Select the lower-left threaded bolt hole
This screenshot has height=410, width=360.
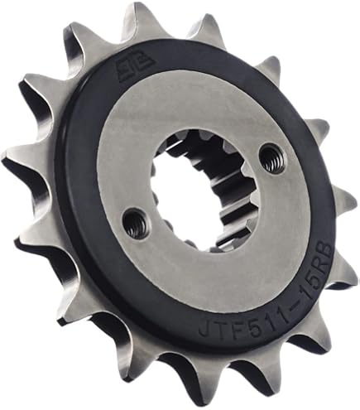tap(132, 221)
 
